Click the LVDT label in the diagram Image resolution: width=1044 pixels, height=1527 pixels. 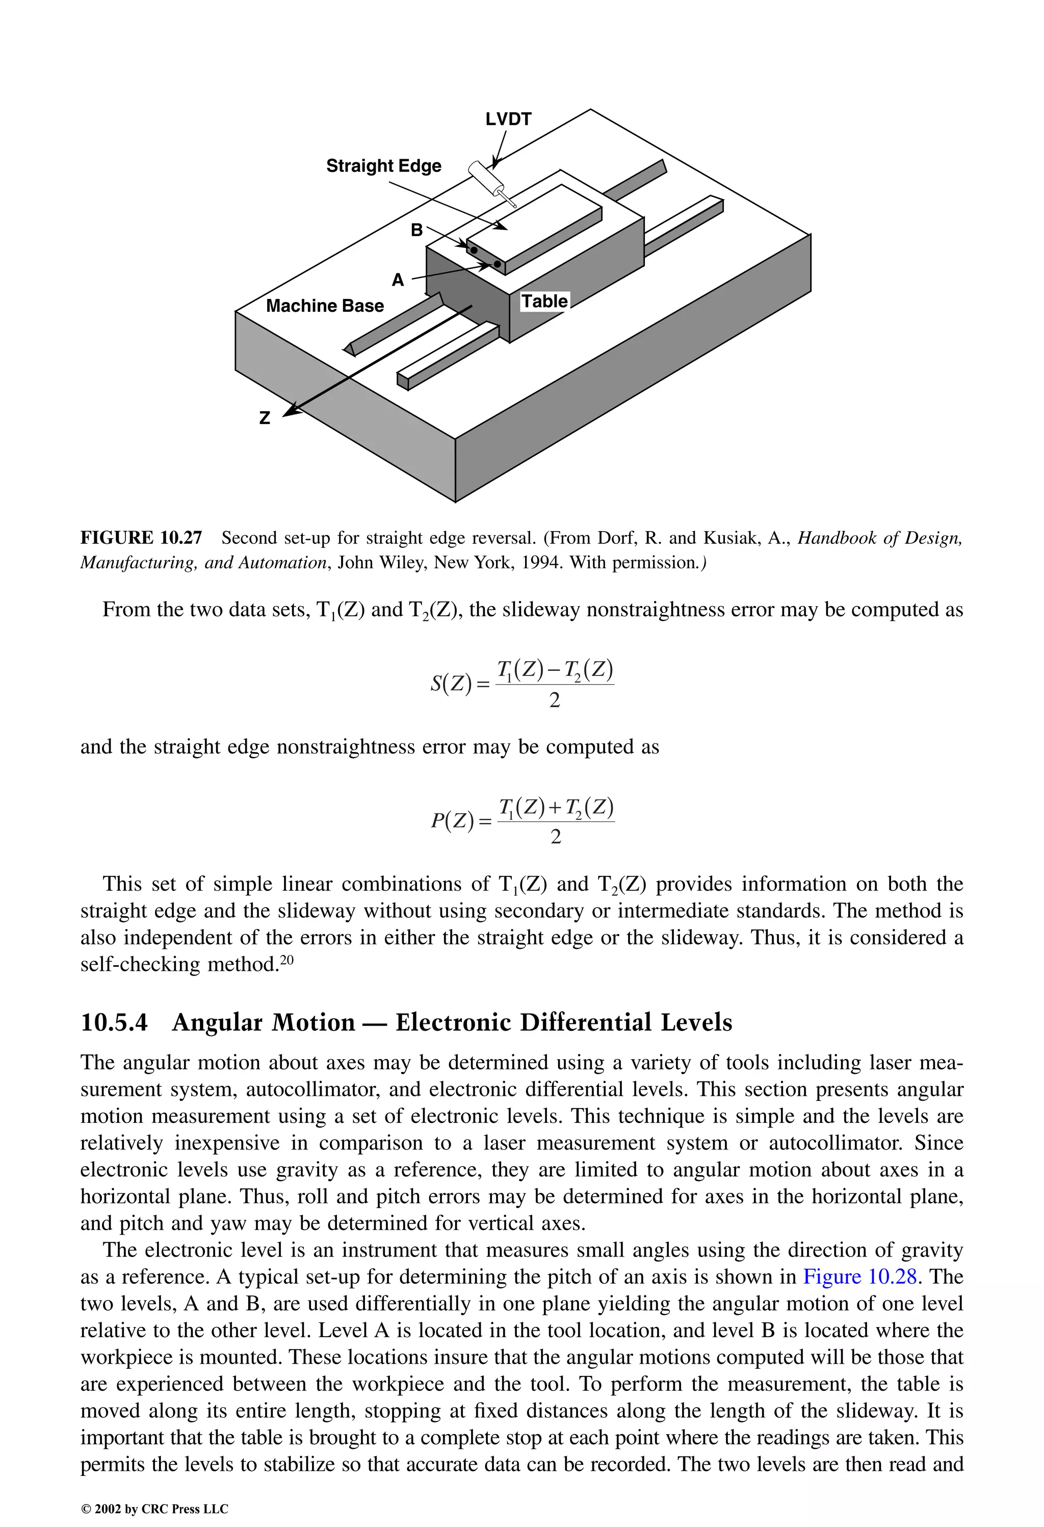click(x=508, y=119)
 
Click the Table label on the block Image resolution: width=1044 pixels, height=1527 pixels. click(x=544, y=302)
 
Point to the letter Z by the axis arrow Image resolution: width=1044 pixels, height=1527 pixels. click(x=265, y=418)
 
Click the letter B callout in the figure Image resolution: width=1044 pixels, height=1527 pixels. click(x=416, y=231)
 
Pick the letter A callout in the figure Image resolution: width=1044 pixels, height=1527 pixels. click(x=398, y=281)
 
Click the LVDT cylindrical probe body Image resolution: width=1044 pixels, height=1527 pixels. click(x=485, y=176)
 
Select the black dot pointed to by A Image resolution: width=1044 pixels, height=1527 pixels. click(x=497, y=264)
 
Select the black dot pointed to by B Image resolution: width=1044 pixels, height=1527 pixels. click(x=474, y=249)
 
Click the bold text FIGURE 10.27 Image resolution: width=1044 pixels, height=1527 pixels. click(x=141, y=538)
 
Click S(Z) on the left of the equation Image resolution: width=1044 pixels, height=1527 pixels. click(x=451, y=684)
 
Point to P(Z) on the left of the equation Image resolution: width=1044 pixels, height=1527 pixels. click(x=452, y=821)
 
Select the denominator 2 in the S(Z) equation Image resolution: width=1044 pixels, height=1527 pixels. click(x=555, y=701)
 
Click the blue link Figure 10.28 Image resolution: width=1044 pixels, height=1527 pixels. click(x=859, y=1276)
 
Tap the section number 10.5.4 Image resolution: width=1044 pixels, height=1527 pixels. click(x=114, y=1023)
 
